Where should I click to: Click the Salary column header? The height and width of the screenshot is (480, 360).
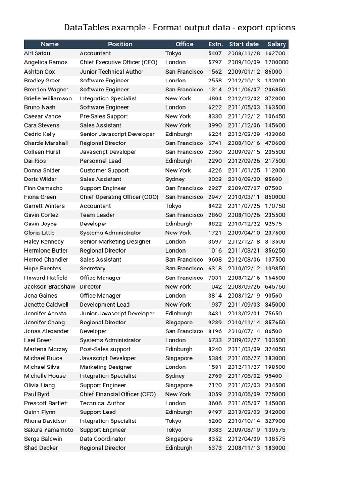point(277,44)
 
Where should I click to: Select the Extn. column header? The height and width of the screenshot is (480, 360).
point(215,44)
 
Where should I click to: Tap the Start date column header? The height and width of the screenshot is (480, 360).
point(244,44)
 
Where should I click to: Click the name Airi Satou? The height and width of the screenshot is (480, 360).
point(37,53)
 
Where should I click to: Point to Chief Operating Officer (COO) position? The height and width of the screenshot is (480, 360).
point(118,197)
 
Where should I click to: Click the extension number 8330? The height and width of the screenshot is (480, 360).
point(215,116)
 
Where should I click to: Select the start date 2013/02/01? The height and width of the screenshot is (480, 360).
point(243,314)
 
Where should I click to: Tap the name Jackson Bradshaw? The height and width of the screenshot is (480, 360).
point(49,286)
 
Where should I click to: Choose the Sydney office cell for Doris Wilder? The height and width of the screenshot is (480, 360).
point(175,179)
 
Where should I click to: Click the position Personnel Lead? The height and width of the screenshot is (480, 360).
point(100,161)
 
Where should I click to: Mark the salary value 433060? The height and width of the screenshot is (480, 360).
point(275,134)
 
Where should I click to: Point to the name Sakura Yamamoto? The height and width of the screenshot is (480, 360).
point(49,430)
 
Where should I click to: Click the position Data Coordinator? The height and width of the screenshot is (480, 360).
point(103,439)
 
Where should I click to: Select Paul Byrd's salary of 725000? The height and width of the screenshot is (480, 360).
point(275,394)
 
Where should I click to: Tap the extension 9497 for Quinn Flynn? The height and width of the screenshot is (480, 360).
point(215,412)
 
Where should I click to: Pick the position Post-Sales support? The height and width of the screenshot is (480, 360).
point(105,349)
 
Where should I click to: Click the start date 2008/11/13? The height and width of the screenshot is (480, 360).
point(243,448)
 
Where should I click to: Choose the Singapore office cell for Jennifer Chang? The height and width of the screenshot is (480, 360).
point(179,322)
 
